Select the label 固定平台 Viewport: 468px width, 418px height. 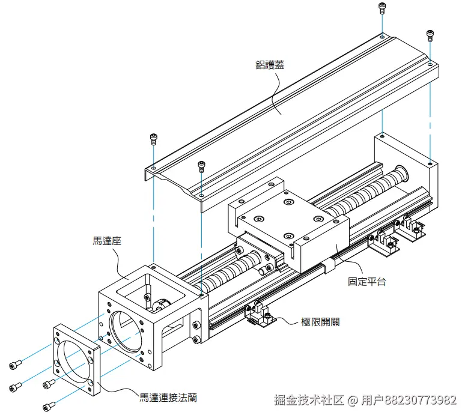366,280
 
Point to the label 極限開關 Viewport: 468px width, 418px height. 320,322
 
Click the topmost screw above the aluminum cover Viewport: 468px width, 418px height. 381,8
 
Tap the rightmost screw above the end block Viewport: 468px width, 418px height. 430,35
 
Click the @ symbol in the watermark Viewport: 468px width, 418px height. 353,400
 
